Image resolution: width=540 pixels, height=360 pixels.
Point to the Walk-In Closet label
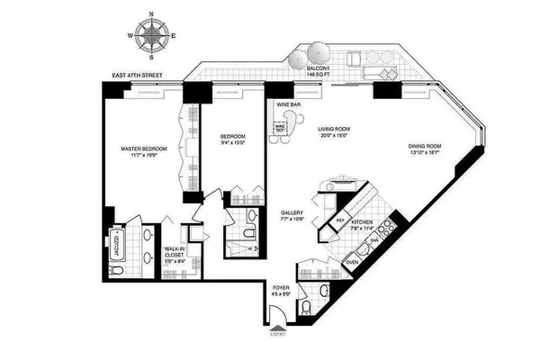pyautogui.click(x=174, y=255)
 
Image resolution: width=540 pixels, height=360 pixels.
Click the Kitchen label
pyautogui.click(x=363, y=225)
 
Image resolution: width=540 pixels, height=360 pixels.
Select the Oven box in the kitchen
pyautogui.click(x=353, y=263)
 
